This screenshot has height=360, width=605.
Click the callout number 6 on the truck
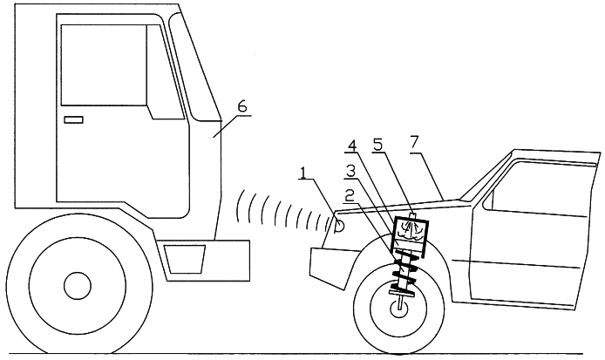pyautogui.click(x=242, y=107)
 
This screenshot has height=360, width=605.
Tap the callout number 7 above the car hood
pyautogui.click(x=414, y=143)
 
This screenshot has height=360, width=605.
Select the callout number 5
pyautogui.click(x=377, y=145)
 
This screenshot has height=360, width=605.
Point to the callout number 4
pyautogui.click(x=352, y=146)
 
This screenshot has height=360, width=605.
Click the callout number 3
pyautogui.click(x=350, y=171)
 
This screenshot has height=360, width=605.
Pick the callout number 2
pyautogui.click(x=350, y=196)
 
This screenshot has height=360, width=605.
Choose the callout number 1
pyautogui.click(x=303, y=173)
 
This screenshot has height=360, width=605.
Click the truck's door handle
pyautogui.click(x=73, y=120)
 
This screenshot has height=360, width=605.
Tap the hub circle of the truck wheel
pyautogui.click(x=78, y=286)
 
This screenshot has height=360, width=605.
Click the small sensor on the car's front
pyautogui.click(x=340, y=226)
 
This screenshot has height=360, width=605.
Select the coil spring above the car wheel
pyautogui.click(x=404, y=272)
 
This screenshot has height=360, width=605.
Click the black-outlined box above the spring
pyautogui.click(x=410, y=236)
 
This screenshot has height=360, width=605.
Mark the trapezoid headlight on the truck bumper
pyautogui.click(x=185, y=259)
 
